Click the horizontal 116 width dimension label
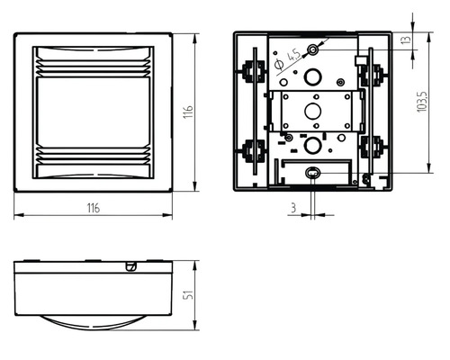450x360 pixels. click(x=94, y=208)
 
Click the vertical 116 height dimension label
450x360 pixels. click(x=188, y=112)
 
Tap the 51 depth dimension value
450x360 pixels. click(x=188, y=295)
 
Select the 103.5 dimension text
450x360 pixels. click(x=422, y=102)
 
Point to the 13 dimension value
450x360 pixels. click(x=406, y=40)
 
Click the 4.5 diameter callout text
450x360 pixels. click(x=293, y=56)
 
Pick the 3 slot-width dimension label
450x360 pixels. click(x=293, y=208)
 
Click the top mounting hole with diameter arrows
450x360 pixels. click(x=313, y=49)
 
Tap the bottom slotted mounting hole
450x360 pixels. click(x=313, y=173)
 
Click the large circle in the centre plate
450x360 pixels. click(x=313, y=111)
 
